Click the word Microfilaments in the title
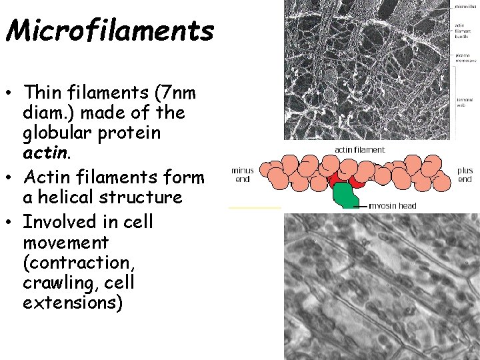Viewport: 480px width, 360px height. (x=109, y=30)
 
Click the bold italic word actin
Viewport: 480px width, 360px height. (x=44, y=154)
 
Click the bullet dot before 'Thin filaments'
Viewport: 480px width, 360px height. (x=13, y=90)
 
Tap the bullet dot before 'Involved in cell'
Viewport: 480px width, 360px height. (x=13, y=221)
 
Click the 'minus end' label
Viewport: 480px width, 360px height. (x=242, y=174)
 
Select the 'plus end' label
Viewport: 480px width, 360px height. (x=465, y=174)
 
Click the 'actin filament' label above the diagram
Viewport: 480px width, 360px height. (x=359, y=149)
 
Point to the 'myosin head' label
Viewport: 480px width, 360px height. (x=393, y=205)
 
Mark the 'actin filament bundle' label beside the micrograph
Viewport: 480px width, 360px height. (x=465, y=31)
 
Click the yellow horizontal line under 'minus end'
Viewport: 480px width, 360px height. (x=255, y=207)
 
